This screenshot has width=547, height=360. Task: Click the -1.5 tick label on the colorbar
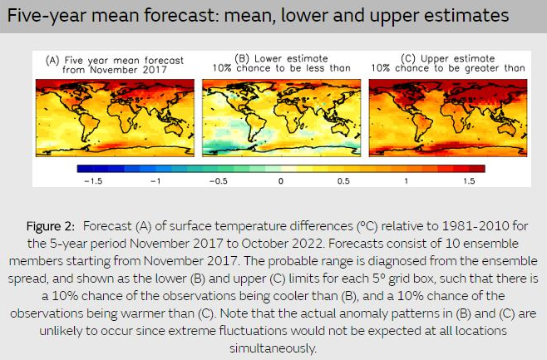(x=93, y=181)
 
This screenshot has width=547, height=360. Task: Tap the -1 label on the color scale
(x=155, y=181)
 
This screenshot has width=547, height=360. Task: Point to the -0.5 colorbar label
(x=219, y=181)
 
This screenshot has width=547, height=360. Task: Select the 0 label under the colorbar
(x=281, y=181)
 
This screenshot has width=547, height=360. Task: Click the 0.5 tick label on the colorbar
(x=343, y=181)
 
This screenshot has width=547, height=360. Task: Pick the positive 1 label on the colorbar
(x=406, y=181)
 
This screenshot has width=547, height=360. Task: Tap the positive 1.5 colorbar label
(x=469, y=181)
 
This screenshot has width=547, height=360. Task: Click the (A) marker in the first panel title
(x=52, y=61)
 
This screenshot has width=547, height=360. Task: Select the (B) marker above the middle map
(x=242, y=58)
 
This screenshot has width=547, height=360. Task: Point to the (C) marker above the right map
(x=408, y=58)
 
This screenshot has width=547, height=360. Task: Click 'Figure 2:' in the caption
(x=51, y=226)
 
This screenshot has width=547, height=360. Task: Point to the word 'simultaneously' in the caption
(x=272, y=348)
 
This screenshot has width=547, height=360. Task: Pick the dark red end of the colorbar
(x=480, y=169)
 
